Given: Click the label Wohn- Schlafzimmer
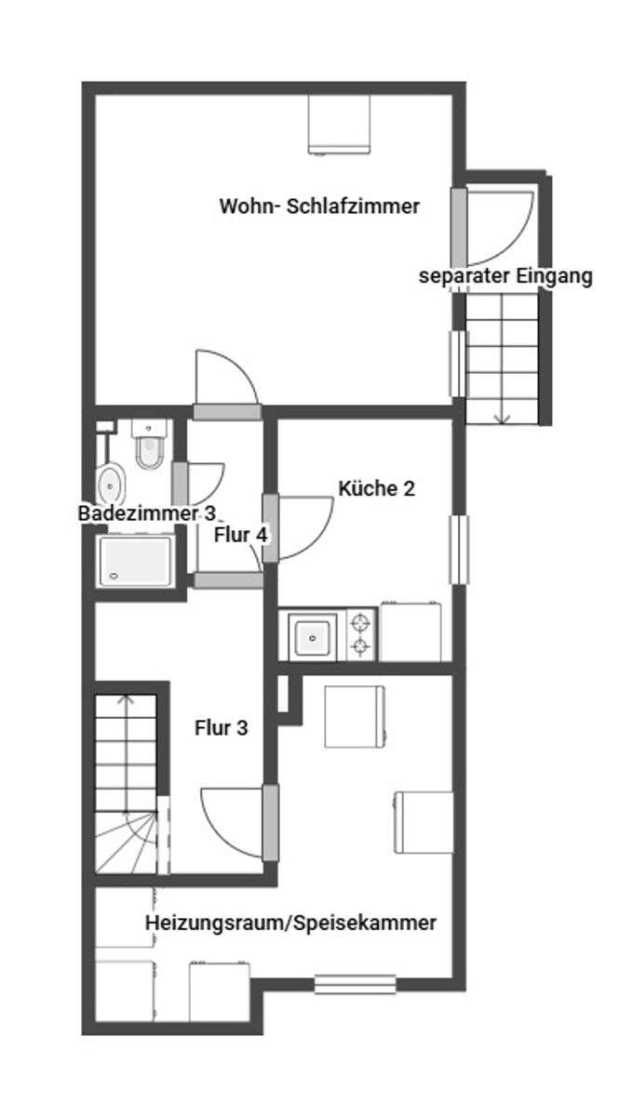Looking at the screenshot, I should (319, 206).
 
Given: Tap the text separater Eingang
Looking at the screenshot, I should (505, 276).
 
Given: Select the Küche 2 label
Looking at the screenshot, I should (376, 488).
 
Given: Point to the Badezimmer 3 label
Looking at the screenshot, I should (149, 513).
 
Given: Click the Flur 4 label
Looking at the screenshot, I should (241, 535).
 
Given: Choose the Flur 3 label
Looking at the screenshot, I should (221, 728).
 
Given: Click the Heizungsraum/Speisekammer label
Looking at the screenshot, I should (290, 923).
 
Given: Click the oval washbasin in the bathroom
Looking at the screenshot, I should (112, 485).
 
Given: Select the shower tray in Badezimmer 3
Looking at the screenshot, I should (136, 560).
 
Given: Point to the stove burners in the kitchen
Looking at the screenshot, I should (361, 634).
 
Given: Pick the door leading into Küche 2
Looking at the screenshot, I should (303, 527).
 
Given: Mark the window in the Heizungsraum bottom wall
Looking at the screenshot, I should (354, 982).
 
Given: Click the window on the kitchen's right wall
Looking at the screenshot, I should (458, 550).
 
